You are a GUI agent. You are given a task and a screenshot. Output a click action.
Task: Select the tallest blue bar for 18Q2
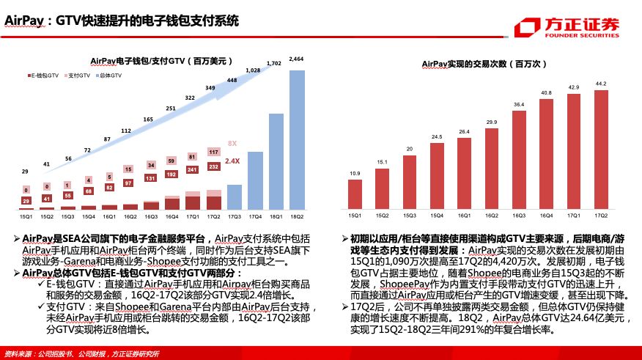(x=297, y=139)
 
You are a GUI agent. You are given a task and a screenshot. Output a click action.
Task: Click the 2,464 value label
(x=297, y=58)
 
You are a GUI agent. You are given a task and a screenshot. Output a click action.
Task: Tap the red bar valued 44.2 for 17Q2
(x=601, y=150)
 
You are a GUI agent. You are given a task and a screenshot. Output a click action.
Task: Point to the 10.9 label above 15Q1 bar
(x=355, y=173)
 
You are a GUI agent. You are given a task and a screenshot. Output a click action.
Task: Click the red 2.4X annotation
(x=232, y=161)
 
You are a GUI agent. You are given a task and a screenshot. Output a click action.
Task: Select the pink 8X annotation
(x=232, y=143)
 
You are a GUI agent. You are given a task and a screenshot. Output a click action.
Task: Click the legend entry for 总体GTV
(x=108, y=76)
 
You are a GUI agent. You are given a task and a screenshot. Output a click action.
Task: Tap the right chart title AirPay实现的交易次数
(x=485, y=65)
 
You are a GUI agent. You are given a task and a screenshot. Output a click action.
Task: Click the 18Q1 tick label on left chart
(x=276, y=217)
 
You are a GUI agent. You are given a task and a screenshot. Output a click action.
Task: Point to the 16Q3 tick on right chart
(x=519, y=216)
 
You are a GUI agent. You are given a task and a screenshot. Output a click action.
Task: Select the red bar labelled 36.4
(x=519, y=160)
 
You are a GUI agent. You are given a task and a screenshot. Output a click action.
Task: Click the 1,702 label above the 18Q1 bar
(x=275, y=64)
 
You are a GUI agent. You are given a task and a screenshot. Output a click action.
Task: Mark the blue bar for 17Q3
(x=234, y=196)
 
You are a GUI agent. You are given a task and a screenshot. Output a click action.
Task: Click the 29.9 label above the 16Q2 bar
(x=492, y=122)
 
